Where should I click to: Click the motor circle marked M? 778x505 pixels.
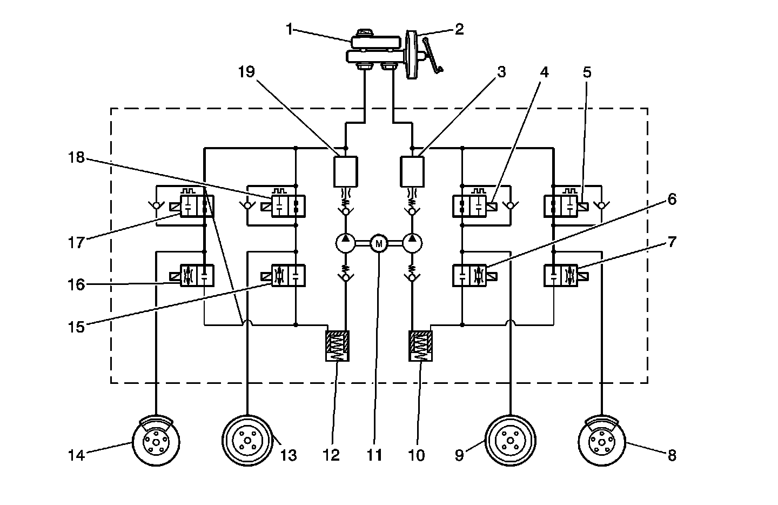click(379, 244)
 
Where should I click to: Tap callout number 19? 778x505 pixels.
click(246, 72)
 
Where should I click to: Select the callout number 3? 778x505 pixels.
click(502, 72)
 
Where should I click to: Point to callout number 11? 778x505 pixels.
click(374, 455)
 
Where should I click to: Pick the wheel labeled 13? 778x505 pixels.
click(248, 441)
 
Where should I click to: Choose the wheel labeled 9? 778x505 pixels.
click(509, 441)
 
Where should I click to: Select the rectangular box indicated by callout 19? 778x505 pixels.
click(346, 171)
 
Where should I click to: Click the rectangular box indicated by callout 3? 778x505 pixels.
click(412, 171)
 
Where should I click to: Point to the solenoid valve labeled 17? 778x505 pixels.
click(197, 206)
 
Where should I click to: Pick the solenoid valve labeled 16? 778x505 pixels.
click(197, 276)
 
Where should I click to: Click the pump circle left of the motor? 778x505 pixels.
click(346, 244)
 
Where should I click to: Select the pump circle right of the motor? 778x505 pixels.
click(412, 244)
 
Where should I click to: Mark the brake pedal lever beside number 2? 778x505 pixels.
click(433, 54)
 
